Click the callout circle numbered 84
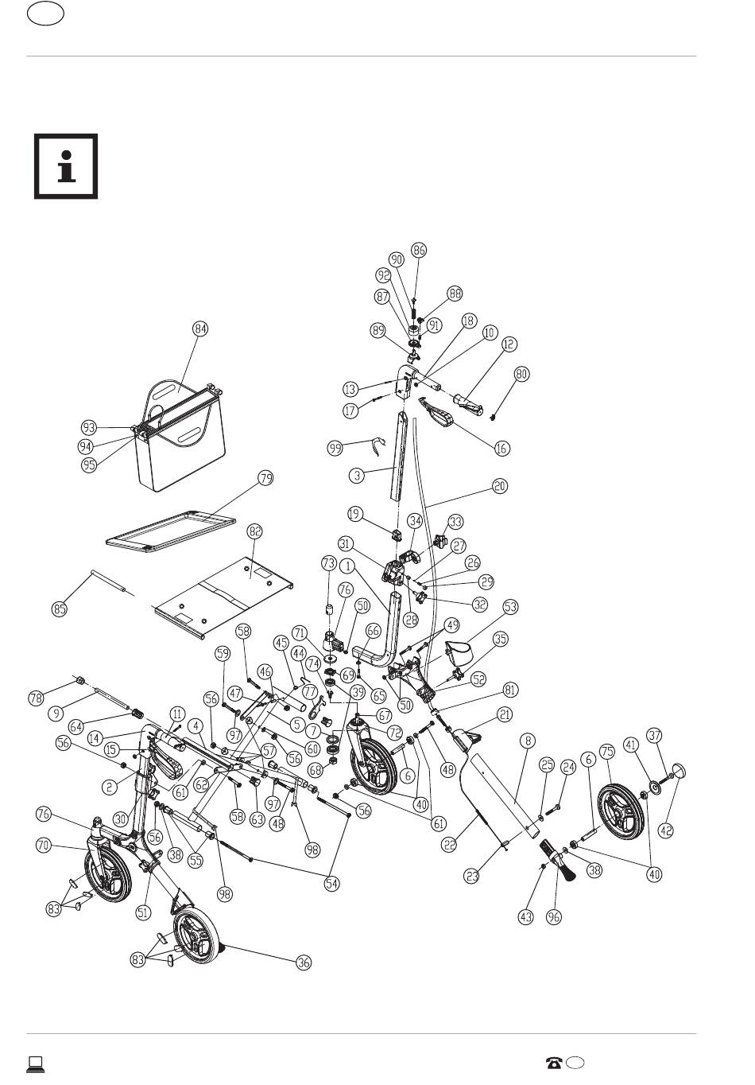click(200, 329)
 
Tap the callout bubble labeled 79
click(265, 478)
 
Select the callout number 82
click(254, 531)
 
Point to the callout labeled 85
click(59, 609)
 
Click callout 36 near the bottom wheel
click(304, 962)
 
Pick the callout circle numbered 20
click(500, 486)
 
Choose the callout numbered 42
click(667, 830)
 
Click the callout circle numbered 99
click(335, 448)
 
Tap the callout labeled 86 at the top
click(419, 250)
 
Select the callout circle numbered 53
click(510, 607)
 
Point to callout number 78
click(37, 698)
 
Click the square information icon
click(66, 166)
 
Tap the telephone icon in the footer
click(554, 1063)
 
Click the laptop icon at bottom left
click(35, 1064)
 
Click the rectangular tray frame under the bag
click(171, 531)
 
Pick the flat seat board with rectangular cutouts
click(225, 600)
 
